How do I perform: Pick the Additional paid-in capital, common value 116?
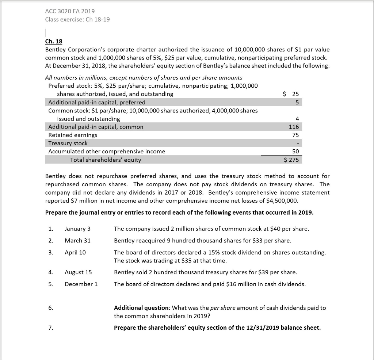294,127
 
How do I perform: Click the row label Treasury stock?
68,143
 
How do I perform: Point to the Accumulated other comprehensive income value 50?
295,151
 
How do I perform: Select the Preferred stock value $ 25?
291,94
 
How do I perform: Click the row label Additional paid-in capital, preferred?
97,102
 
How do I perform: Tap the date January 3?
77,229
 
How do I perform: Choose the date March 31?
77,241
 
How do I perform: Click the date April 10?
75,252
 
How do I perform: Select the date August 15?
78,272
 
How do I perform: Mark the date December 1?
81,284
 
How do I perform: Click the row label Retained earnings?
73,135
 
